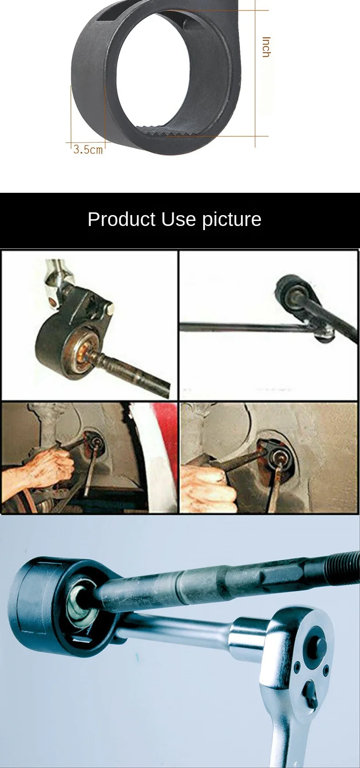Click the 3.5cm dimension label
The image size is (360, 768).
click(89, 150)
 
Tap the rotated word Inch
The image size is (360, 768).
click(266, 47)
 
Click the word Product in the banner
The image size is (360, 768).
click(122, 219)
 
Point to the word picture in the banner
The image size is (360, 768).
click(231, 220)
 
